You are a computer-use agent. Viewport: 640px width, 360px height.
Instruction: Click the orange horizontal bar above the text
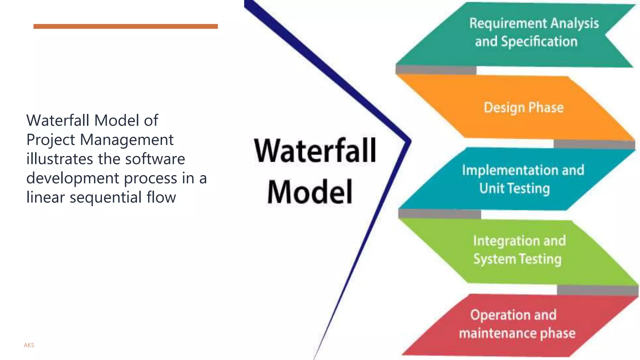click(125, 27)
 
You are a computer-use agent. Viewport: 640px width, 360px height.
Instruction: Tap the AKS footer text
click(29, 345)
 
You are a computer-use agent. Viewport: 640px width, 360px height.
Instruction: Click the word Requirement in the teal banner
click(508, 24)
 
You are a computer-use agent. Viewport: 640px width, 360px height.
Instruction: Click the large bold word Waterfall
click(315, 151)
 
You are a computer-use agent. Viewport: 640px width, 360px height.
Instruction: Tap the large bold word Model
click(310, 192)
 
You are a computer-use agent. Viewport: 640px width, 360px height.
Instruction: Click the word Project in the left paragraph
click(51, 140)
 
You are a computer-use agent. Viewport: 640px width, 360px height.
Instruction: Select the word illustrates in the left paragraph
click(60, 159)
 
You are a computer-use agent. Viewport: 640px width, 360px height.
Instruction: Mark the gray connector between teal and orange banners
click(436, 70)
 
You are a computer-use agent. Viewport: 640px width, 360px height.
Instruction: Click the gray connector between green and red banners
click(597, 290)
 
